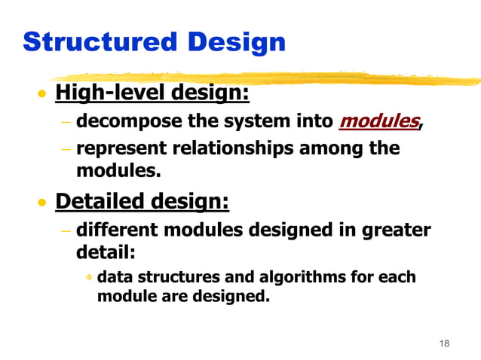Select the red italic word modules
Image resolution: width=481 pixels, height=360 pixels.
[x=378, y=121]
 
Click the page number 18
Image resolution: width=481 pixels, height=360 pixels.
[x=443, y=343]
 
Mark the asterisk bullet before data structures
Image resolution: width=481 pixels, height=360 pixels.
[x=88, y=278]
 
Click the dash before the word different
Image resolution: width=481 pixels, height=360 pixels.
[x=66, y=229]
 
